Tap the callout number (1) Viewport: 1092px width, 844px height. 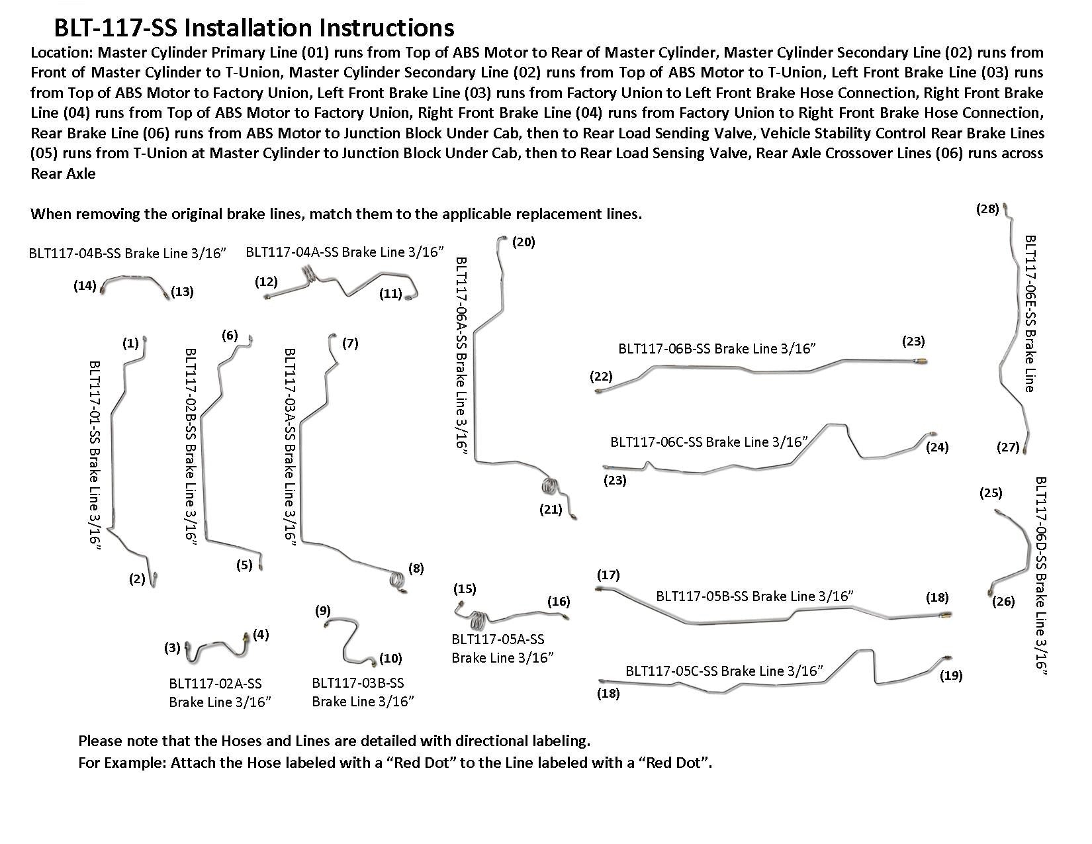tap(130, 344)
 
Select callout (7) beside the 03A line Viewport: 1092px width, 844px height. tap(350, 344)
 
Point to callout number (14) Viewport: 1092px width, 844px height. tap(85, 286)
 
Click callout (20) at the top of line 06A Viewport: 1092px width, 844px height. tap(523, 242)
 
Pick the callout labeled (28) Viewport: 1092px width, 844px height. tap(987, 209)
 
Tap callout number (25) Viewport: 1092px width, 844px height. tap(991, 493)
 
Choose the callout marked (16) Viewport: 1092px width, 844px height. tap(559, 602)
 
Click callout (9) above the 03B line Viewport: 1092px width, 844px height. tap(322, 611)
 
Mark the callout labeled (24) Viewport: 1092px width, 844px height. tap(937, 447)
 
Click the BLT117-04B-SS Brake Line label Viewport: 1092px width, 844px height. tap(128, 254)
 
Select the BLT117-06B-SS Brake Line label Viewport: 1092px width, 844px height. tap(717, 349)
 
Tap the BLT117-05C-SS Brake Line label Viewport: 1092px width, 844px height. tap(725, 671)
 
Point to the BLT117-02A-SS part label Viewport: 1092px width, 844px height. tap(220, 692)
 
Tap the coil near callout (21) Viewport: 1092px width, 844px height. tap(550, 486)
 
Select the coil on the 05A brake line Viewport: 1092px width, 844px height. tap(480, 620)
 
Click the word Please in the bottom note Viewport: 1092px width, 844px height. tap(100, 741)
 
